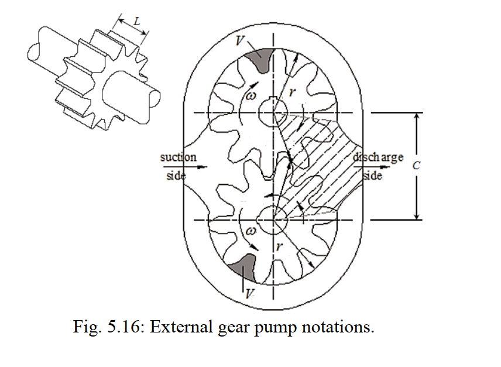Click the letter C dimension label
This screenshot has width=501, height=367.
coord(417,166)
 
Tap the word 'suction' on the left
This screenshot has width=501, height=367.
coord(178,158)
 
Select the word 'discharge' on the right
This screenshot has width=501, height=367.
coord(379,158)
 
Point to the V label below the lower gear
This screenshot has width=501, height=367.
coord(249,293)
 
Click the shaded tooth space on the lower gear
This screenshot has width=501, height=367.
coord(244,267)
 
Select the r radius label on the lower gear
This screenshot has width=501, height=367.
coord(280,246)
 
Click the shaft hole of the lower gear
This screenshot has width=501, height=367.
coord(273,219)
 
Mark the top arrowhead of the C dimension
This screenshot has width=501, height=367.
coord(416,116)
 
